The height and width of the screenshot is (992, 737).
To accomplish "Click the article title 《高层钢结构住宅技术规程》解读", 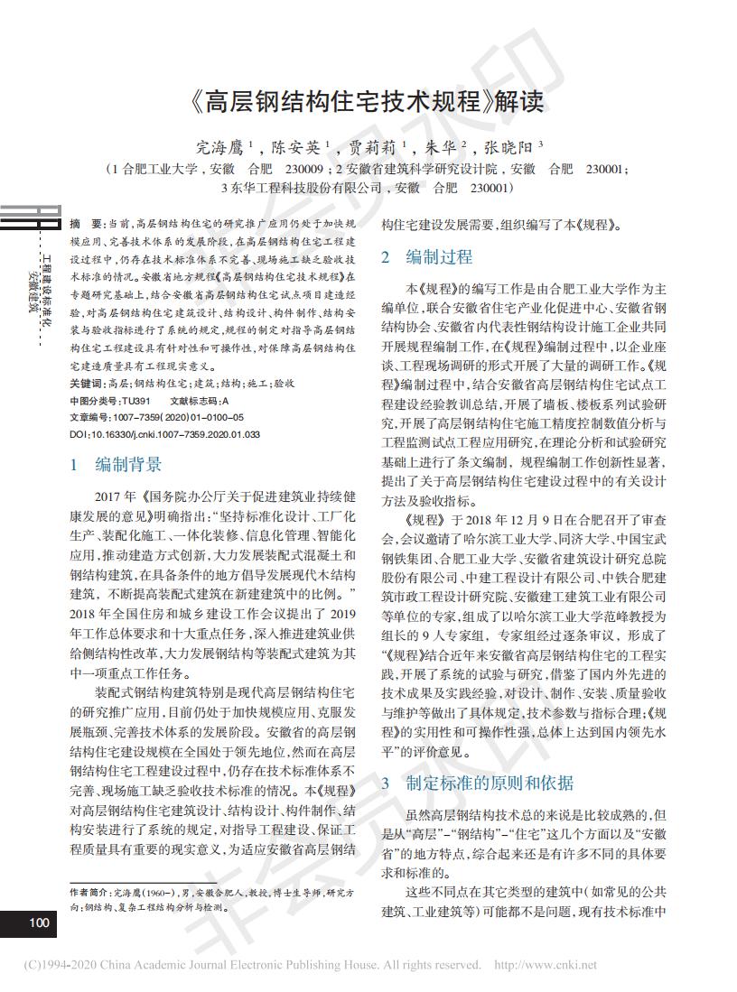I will click(x=368, y=100).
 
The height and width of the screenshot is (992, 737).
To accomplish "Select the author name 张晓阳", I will click(x=510, y=144).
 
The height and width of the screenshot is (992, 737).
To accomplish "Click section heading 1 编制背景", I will click(x=117, y=465).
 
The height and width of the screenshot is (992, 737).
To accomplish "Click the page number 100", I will click(x=38, y=922).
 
